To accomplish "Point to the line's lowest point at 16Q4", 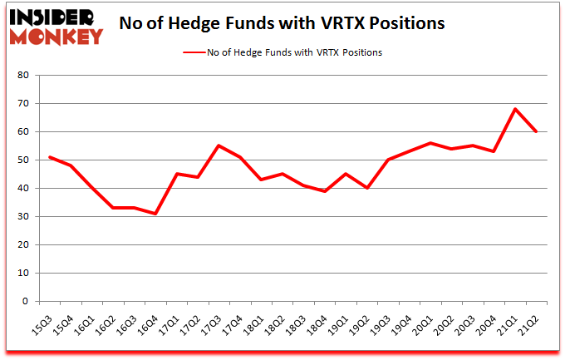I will tap(155, 214).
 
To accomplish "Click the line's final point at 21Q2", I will tap(537, 131).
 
